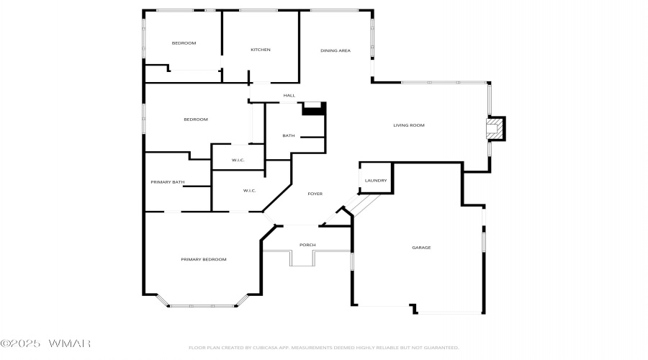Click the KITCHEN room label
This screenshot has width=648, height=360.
[260, 50]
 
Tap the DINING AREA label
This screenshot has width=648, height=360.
[335, 50]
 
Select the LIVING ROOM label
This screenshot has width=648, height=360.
[408, 125]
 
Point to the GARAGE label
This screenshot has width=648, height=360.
[421, 248]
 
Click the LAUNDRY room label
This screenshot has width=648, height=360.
[376, 181]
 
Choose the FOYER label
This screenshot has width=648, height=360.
[315, 194]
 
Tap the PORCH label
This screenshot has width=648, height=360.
[307, 245]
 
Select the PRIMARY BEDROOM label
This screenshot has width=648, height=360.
[203, 259]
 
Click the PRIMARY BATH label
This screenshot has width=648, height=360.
[168, 182]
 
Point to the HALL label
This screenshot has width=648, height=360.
[289, 96]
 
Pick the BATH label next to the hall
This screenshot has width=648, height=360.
[288, 135]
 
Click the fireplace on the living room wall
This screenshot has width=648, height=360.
[495, 130]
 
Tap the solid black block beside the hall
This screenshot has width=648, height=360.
[314, 108]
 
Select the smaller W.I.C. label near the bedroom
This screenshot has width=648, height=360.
[239, 159]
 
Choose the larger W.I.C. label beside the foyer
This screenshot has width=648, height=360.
[250, 191]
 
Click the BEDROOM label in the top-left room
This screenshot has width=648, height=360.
[184, 43]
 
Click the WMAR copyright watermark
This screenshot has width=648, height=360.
[45, 343]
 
